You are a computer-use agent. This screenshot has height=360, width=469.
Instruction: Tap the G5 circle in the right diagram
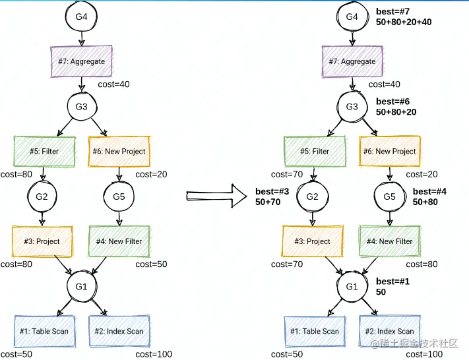(389, 196)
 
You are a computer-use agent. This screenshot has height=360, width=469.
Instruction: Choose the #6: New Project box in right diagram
(390, 152)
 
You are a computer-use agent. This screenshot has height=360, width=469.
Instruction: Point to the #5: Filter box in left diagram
(44, 152)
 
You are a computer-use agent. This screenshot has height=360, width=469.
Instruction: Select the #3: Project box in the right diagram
(314, 241)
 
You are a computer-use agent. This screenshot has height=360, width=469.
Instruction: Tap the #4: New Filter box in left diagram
(119, 241)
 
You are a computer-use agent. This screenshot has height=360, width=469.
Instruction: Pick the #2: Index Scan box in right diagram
(389, 331)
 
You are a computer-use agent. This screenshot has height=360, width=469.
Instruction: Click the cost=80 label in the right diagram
(423, 264)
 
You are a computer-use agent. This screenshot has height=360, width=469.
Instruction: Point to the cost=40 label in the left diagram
(115, 84)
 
